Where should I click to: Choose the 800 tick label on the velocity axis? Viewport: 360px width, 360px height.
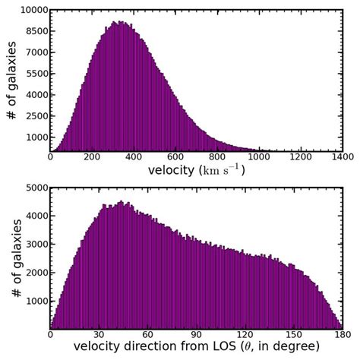217,157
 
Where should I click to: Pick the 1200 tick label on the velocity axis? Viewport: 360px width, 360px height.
301,157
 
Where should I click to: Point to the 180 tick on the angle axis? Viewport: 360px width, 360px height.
343,333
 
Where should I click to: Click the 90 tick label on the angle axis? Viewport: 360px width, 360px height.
196,333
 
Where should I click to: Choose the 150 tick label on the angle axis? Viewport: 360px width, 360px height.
294,333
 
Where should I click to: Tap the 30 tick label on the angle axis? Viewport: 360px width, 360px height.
99,333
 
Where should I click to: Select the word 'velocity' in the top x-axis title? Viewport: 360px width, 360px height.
172,171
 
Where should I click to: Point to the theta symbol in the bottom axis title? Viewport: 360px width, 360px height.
261,347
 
